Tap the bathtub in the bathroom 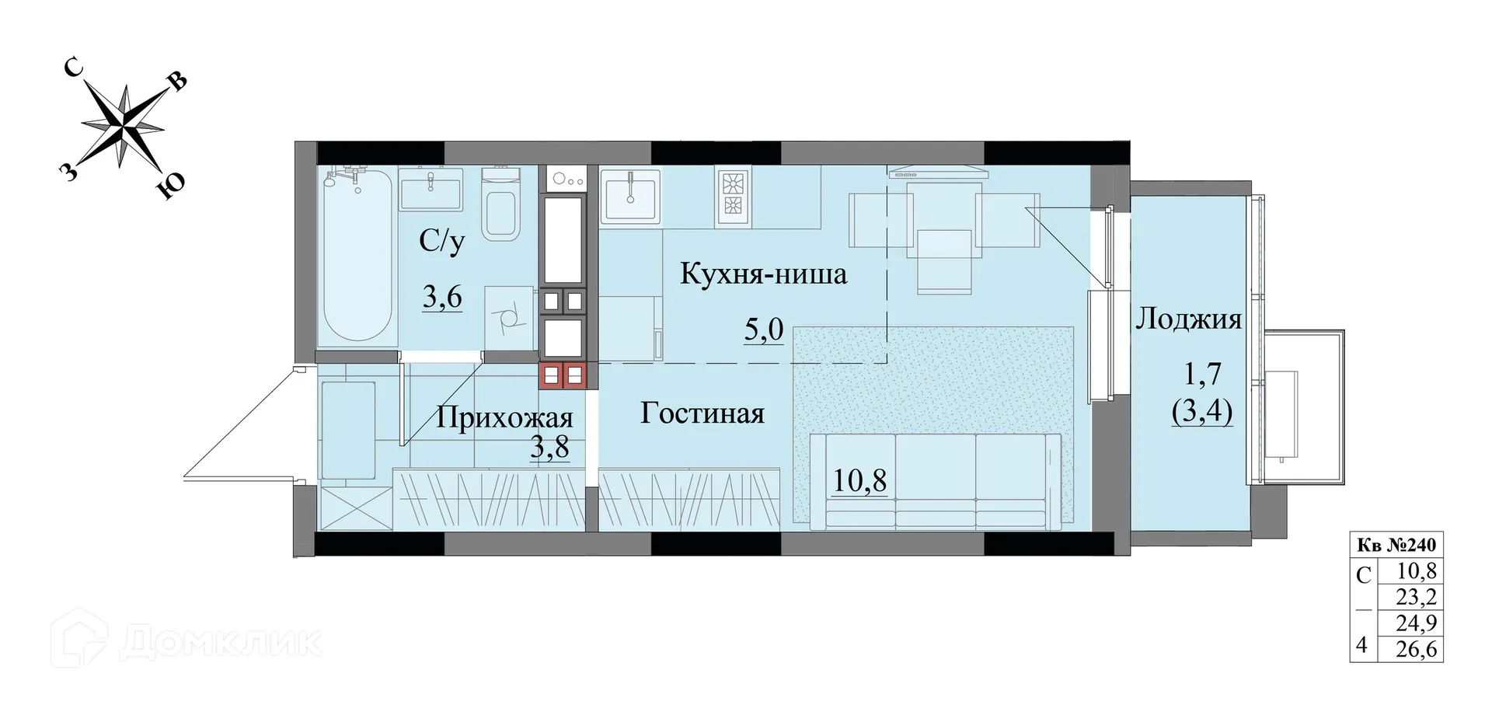tap(357, 260)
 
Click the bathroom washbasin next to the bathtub tap(431, 189)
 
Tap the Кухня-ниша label tap(763, 274)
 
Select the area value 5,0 tap(764, 330)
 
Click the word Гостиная tap(702, 413)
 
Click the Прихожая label tap(504, 418)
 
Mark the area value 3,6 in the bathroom tap(442, 297)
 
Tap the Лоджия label tap(1188, 319)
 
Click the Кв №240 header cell tap(1396, 546)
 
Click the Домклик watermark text tap(221, 641)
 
